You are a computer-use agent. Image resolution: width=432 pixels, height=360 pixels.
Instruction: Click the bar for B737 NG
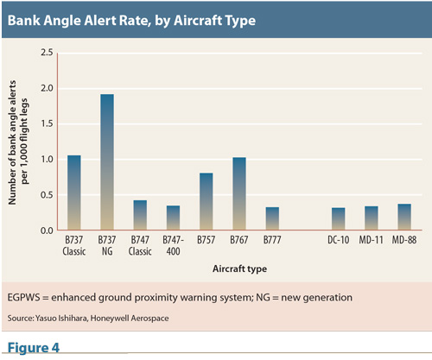pos(107,162)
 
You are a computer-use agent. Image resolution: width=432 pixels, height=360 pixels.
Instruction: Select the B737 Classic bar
pos(74,193)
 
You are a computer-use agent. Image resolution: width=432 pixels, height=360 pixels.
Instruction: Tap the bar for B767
pos(239,193)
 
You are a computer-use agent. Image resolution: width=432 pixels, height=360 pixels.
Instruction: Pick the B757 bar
pos(206,201)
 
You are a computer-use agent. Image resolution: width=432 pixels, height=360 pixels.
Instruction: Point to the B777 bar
pos(272,218)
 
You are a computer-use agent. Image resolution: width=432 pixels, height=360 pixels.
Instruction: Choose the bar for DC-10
pos(339,219)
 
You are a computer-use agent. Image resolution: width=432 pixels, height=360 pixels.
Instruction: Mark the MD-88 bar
pos(404,217)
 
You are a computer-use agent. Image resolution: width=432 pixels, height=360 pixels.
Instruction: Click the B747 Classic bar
pos(140,215)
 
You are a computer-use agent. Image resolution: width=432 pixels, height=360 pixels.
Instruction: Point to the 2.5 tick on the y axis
pos(47,53)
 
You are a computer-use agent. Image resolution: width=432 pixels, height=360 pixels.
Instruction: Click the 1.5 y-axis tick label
pos(47,123)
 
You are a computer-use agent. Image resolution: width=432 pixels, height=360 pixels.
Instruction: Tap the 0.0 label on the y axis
pos(47,231)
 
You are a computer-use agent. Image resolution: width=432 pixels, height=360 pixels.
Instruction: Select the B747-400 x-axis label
pos(173,245)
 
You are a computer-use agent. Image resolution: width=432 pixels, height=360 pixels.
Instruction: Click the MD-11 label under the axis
pos(372,240)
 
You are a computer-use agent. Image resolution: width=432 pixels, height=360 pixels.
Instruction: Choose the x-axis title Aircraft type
pos(239,268)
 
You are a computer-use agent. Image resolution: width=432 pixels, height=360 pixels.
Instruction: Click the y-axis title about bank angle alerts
pos(18,142)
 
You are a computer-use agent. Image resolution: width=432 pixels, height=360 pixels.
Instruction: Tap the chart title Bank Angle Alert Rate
pos(131,21)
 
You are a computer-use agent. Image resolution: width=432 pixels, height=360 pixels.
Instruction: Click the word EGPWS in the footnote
pos(23,297)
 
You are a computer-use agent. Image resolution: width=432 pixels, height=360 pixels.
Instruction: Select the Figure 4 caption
pos(34,347)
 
